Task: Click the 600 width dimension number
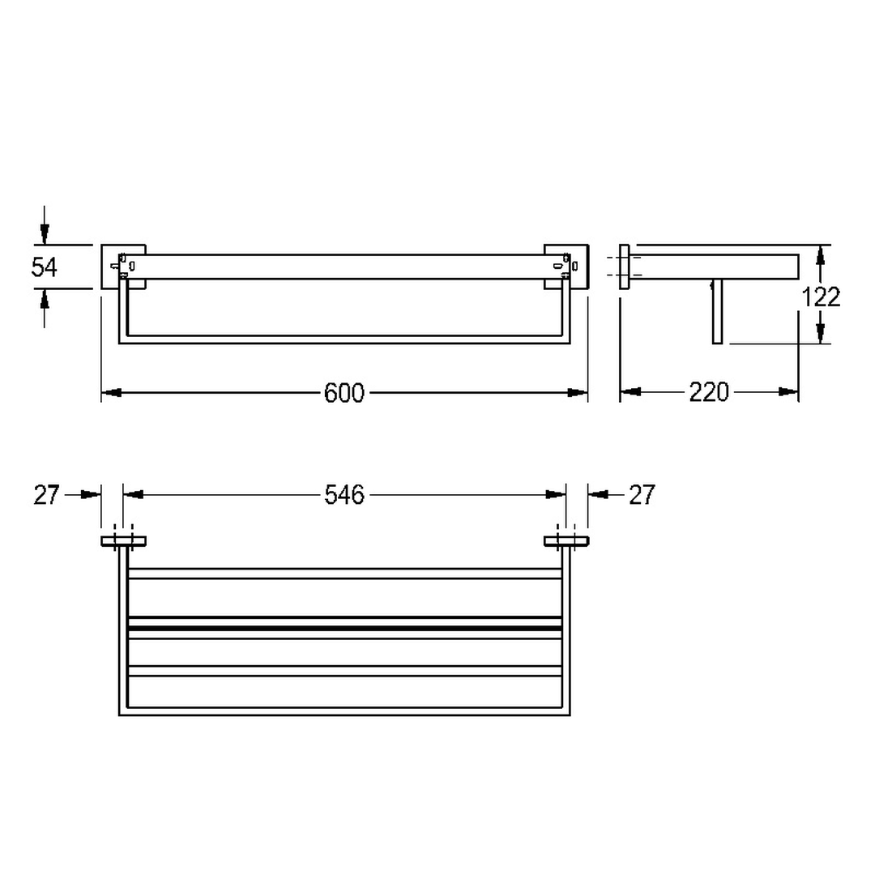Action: point(344,393)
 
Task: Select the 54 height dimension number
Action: point(44,267)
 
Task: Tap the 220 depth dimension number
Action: point(709,392)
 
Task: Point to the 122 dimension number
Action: point(821,297)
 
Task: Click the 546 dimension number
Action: point(344,495)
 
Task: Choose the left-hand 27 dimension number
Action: point(46,495)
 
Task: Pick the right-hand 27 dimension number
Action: point(642,495)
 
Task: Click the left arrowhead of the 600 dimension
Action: point(111,393)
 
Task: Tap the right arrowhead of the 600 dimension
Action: point(578,393)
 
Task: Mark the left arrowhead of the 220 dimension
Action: point(630,392)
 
